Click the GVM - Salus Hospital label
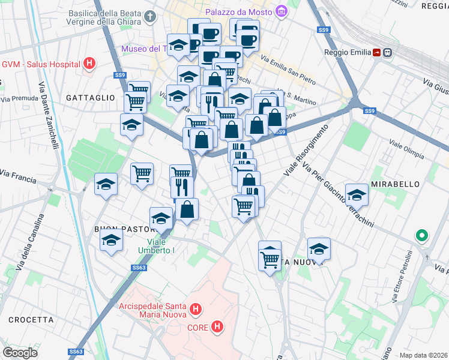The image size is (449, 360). tap(40, 64)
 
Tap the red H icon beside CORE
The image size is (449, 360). tap(218, 327)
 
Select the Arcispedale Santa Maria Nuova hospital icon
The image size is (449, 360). tap(195, 310)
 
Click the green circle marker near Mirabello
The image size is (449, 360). tap(422, 236)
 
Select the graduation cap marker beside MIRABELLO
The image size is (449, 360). tap(357, 193)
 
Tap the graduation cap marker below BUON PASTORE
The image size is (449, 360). tap(111, 241)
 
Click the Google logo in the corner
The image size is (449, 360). tap(20, 353)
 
